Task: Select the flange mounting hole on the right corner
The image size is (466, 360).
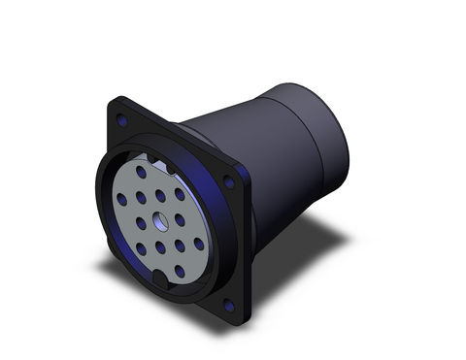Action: click(229, 181)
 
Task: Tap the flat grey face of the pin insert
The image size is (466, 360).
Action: click(146, 243)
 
